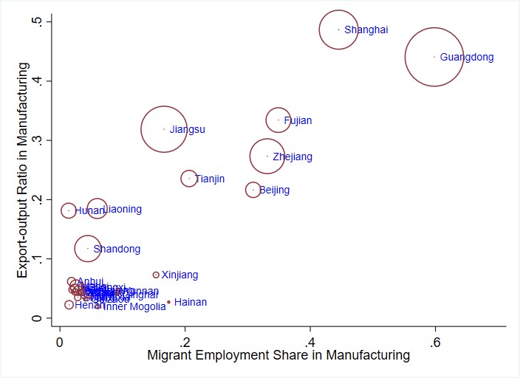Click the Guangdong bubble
click(434, 57)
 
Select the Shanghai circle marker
click(338, 30)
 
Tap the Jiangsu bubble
click(164, 129)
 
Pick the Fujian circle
click(278, 120)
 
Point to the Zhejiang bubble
click(267, 156)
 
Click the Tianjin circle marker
click(189, 179)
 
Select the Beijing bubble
click(253, 190)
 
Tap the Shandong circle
click(87, 248)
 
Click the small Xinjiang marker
click(156, 275)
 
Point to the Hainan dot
click(168, 302)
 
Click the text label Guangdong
click(467, 57)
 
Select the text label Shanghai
click(366, 30)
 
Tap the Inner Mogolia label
click(134, 306)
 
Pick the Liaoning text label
click(123, 210)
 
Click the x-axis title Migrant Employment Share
click(278, 355)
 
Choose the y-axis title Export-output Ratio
click(23, 170)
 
